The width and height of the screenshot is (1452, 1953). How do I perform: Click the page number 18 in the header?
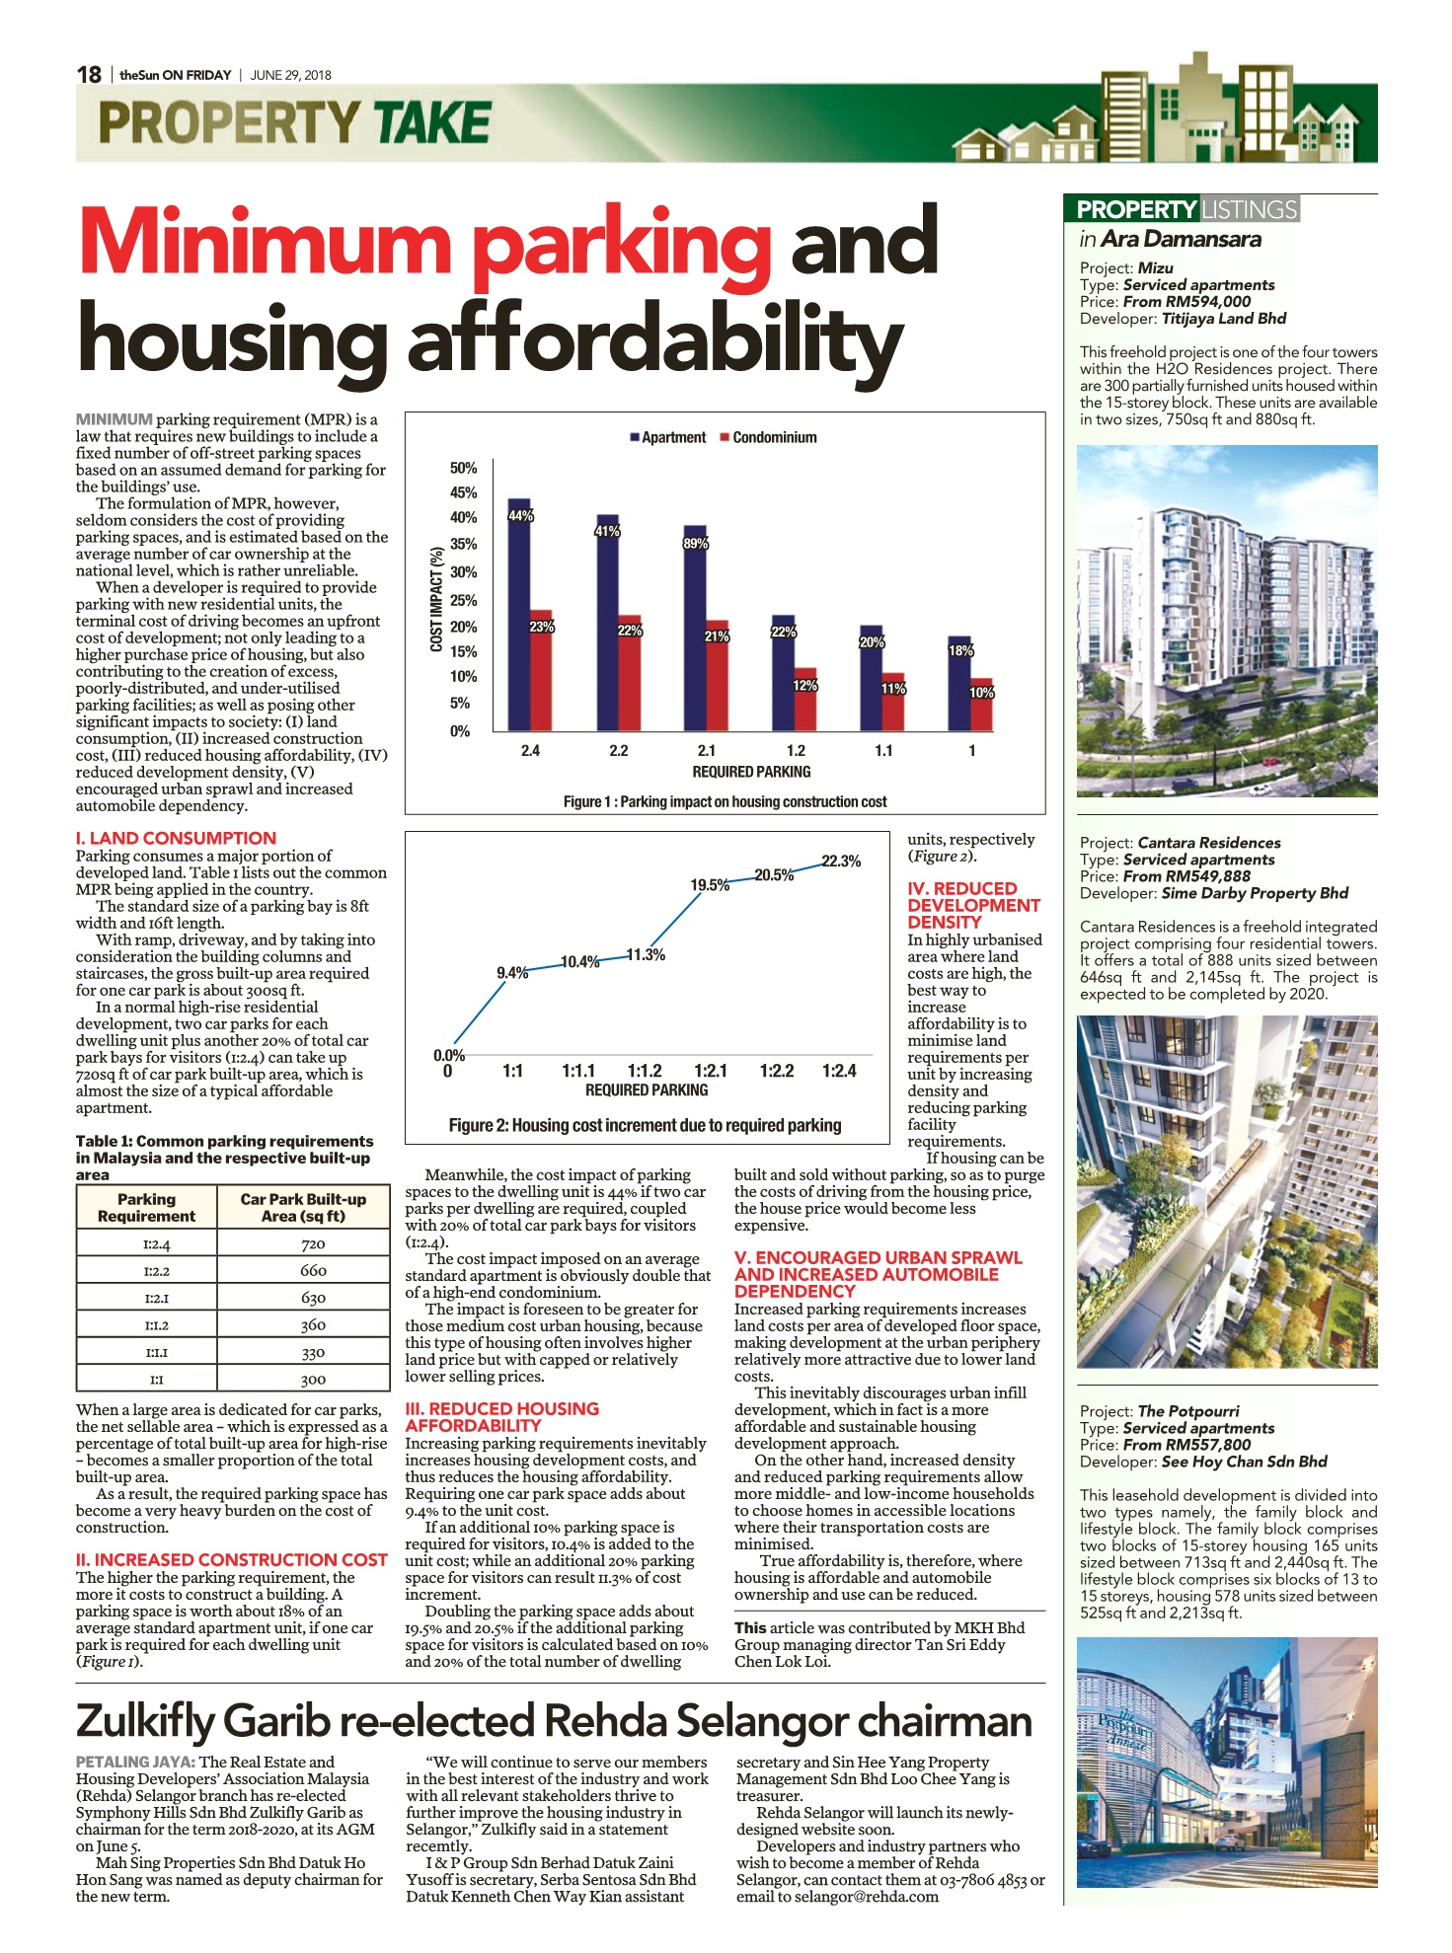coord(89,75)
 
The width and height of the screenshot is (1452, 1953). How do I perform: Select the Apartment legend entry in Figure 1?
coord(668,437)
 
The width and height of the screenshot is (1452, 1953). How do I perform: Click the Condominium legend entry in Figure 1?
coord(768,437)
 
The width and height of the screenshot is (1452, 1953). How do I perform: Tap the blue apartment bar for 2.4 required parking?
coord(519,615)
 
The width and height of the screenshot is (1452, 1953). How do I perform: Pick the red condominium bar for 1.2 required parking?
coord(805,700)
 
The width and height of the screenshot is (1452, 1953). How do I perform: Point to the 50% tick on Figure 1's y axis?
coord(463,468)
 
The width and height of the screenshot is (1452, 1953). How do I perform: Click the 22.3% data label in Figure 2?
coord(841,862)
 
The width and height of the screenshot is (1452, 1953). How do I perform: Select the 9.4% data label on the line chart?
coord(512,973)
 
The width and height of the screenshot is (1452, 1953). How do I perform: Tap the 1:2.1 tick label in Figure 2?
coord(711,1071)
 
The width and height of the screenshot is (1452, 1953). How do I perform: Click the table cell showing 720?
coord(313,1244)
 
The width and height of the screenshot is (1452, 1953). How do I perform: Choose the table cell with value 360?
coord(313,1325)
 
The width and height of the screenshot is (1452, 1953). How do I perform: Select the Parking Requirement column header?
coord(146,1208)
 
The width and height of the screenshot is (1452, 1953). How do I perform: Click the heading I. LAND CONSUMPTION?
coord(176,838)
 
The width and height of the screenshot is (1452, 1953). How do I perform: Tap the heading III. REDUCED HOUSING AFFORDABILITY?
coord(502,1417)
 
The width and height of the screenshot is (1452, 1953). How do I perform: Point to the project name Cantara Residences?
coord(1209,843)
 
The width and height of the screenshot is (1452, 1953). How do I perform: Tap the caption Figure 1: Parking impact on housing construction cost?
coord(726,802)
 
